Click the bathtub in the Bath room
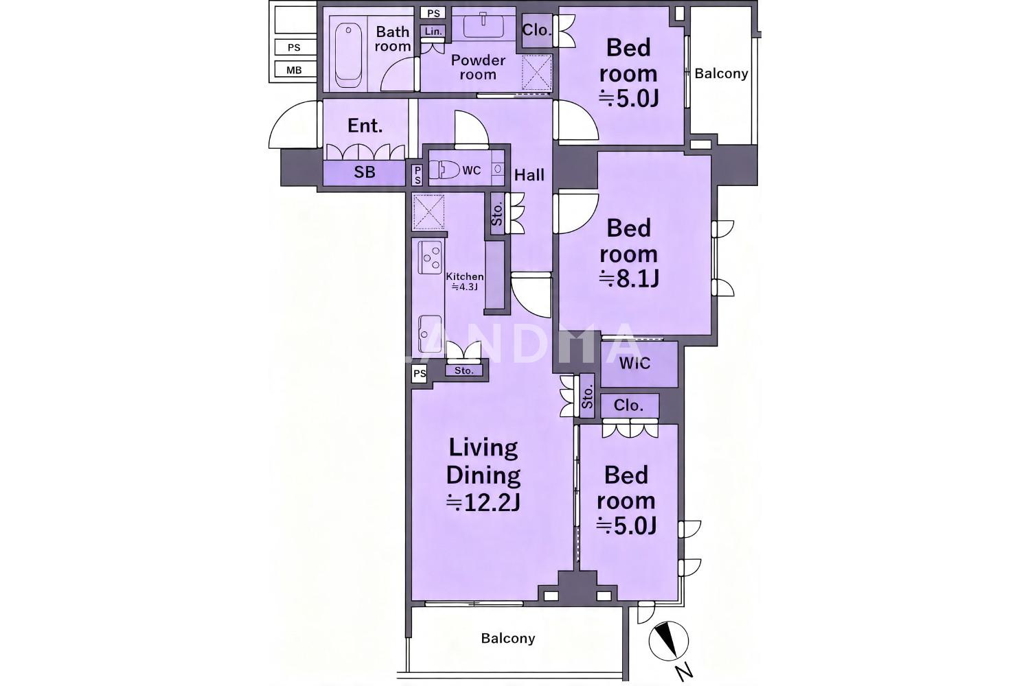pyautogui.click(x=347, y=56)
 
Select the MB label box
pyautogui.click(x=295, y=70)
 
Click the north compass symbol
pyautogui.click(x=669, y=641)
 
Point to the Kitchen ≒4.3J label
pyautogui.click(x=465, y=282)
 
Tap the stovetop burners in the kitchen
pyautogui.click(x=431, y=258)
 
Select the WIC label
pyautogui.click(x=634, y=364)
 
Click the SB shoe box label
pyautogui.click(x=364, y=172)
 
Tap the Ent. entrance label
pyautogui.click(x=365, y=126)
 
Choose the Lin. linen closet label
pyautogui.click(x=433, y=32)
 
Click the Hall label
pyautogui.click(x=529, y=175)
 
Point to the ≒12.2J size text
pyautogui.click(x=483, y=504)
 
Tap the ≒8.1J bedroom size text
pyautogui.click(x=628, y=279)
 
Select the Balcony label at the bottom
pyautogui.click(x=508, y=638)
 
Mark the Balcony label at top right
pyautogui.click(x=721, y=73)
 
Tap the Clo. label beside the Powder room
pyautogui.click(x=536, y=30)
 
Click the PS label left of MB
pyautogui.click(x=295, y=47)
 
